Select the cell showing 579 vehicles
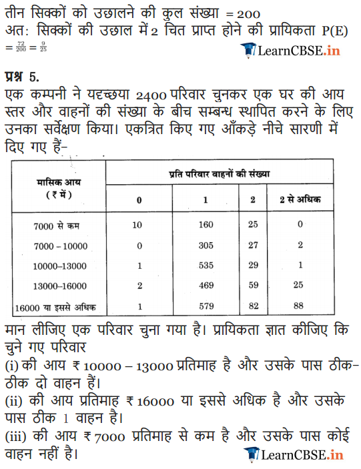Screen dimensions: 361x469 [206, 308]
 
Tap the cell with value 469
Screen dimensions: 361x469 [206, 287]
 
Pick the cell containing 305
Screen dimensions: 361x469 [206, 246]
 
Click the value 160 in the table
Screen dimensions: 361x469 [206, 225]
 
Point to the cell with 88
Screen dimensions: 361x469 [300, 308]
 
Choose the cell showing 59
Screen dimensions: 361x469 [252, 287]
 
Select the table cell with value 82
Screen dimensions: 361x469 [252, 308]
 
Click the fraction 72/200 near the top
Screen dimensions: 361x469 [21, 47]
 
